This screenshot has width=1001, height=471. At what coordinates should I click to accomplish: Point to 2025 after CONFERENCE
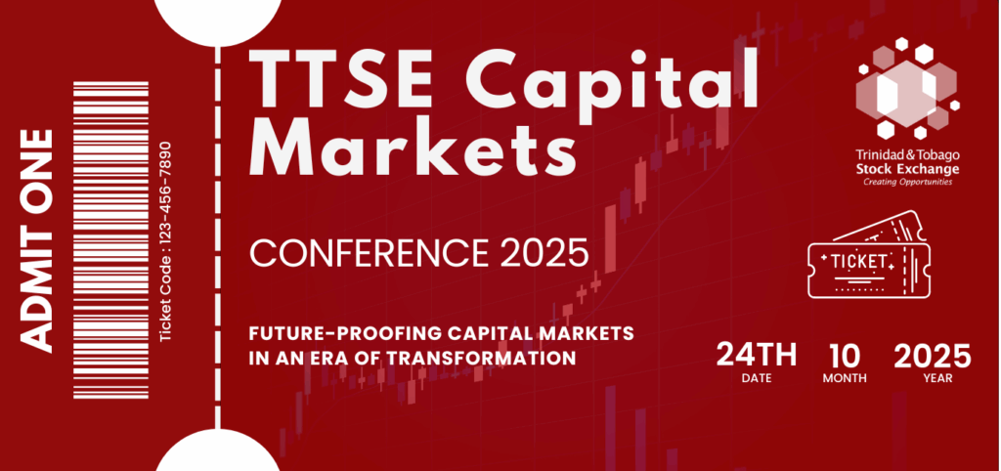point(544,253)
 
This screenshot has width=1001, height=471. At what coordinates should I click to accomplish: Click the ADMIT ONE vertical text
point(35,240)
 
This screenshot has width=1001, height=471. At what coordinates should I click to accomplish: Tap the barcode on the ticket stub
point(111,240)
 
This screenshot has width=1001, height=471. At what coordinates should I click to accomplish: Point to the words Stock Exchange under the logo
point(907,169)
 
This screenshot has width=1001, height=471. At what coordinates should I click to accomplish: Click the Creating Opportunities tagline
point(907,182)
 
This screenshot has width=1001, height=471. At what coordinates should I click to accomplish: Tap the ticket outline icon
point(868,255)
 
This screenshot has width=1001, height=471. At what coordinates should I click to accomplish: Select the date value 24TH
point(757,355)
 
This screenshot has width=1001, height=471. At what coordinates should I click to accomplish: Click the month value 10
point(845,355)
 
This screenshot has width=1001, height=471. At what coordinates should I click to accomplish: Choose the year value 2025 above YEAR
point(932,355)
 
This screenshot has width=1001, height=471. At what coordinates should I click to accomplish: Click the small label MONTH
point(845,378)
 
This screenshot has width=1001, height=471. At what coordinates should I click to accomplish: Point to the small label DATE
point(757,378)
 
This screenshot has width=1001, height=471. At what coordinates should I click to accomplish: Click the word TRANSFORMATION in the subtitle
point(481,358)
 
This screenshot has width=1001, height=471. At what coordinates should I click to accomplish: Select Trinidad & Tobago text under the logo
point(907,155)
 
